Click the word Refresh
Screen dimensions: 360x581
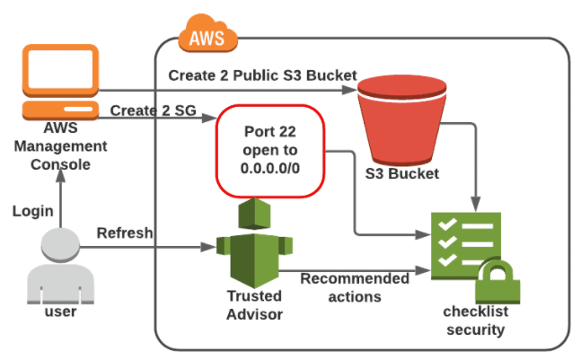coord(125,232)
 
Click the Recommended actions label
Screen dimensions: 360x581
coord(354,287)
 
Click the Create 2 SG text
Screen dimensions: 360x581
coord(148,110)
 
